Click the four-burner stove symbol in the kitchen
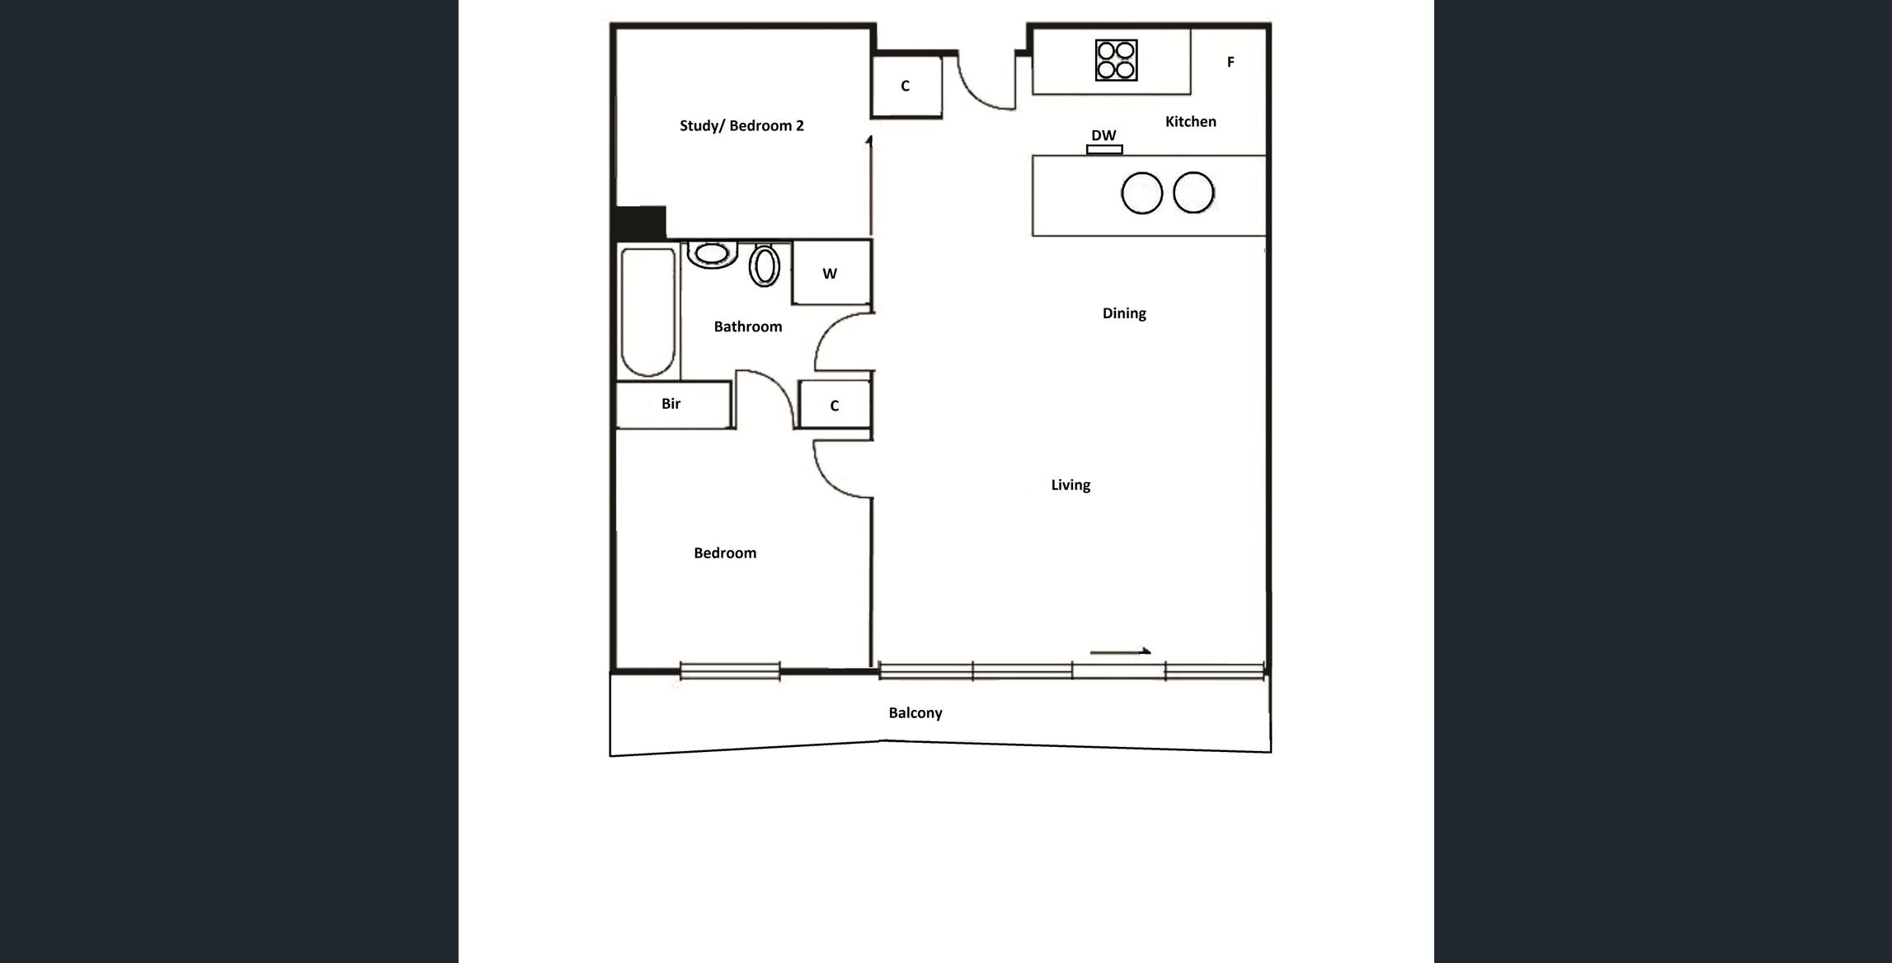(1116, 60)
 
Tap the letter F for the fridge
(1231, 62)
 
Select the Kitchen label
(1190, 121)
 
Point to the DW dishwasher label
(1104, 135)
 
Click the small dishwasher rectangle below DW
(1104, 149)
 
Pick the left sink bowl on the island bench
(1141, 193)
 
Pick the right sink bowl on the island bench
(1193, 192)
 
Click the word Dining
(1124, 313)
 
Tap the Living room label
(1071, 485)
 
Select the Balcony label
(915, 713)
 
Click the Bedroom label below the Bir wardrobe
(725, 552)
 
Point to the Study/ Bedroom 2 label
(741, 125)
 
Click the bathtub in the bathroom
(648, 312)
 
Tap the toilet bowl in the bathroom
(765, 265)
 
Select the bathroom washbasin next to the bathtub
(712, 254)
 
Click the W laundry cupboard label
(830, 274)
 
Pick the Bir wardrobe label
(671, 403)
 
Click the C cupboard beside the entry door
(905, 86)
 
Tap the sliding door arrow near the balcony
(1120, 651)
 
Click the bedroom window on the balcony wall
(730, 671)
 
